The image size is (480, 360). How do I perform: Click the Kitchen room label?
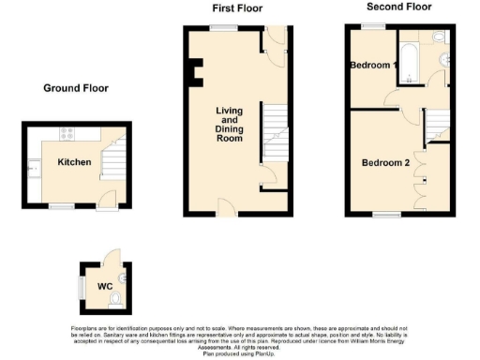point(74,162)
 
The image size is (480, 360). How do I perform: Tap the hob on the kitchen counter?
point(67,133)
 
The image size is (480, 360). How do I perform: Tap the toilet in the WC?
point(114,299)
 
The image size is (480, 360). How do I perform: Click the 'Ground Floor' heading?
point(76,88)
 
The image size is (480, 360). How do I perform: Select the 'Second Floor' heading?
point(398,7)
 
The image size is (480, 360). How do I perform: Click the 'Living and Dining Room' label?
point(230,125)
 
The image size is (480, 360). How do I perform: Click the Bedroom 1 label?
point(373,66)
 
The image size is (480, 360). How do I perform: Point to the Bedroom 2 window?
point(385,216)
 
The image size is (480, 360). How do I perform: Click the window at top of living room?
point(222,28)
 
